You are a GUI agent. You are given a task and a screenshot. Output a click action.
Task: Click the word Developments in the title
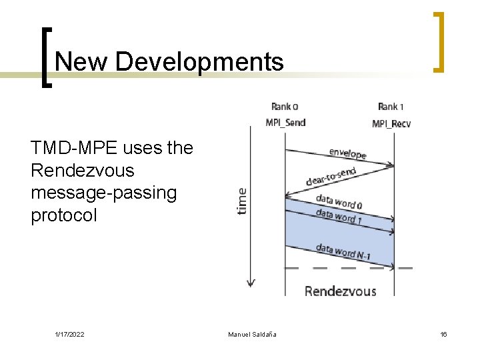tap(199, 62)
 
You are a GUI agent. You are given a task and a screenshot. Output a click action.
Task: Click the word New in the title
tap(81, 62)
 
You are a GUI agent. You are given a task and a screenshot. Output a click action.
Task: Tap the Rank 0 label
tap(285, 107)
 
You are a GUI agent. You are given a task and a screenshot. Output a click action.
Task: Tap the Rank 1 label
tap(391, 107)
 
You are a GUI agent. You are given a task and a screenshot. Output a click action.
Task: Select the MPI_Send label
tap(285, 123)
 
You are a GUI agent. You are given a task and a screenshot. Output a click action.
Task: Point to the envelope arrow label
tap(347, 153)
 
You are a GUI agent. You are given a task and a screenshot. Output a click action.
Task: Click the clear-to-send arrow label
tap(331, 177)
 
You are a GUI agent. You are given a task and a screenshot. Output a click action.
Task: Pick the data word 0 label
tap(339, 201)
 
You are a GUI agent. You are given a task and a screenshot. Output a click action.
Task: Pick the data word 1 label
tap(339, 216)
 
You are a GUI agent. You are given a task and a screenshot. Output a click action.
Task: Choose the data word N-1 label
tap(343, 251)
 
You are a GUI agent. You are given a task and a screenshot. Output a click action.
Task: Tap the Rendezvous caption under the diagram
tap(340, 291)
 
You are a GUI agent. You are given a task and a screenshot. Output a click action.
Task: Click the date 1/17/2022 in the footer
tap(69, 334)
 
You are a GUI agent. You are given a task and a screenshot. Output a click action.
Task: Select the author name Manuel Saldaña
tap(252, 334)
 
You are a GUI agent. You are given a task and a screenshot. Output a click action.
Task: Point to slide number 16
tap(443, 334)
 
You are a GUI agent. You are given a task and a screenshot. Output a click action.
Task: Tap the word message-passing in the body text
tap(103, 193)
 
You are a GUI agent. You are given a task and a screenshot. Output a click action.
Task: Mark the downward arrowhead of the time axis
tap(251, 283)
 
